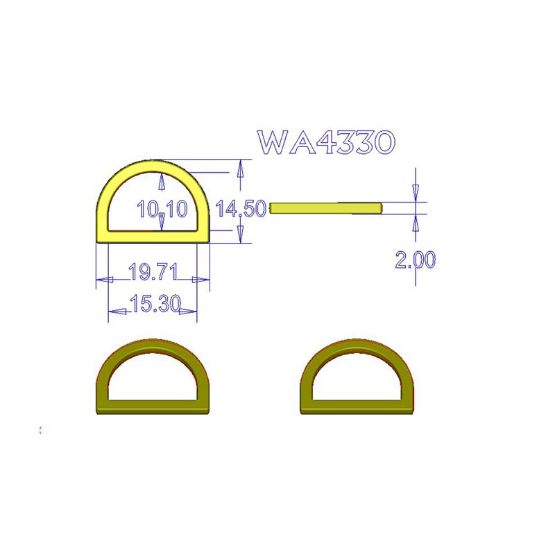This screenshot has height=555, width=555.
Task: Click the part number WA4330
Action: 326,142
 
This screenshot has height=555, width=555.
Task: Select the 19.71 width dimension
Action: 153,272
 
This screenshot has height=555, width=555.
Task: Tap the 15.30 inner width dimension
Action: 155,304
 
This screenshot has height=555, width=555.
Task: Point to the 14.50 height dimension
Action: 241,208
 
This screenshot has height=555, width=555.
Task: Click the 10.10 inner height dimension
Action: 162,209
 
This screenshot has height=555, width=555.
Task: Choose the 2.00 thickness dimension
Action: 416,259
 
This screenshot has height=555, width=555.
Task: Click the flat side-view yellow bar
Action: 326,208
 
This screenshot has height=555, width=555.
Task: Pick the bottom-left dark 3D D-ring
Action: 153,377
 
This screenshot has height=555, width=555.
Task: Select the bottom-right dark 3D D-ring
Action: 357,377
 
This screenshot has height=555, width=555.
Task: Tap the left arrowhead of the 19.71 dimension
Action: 105,280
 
